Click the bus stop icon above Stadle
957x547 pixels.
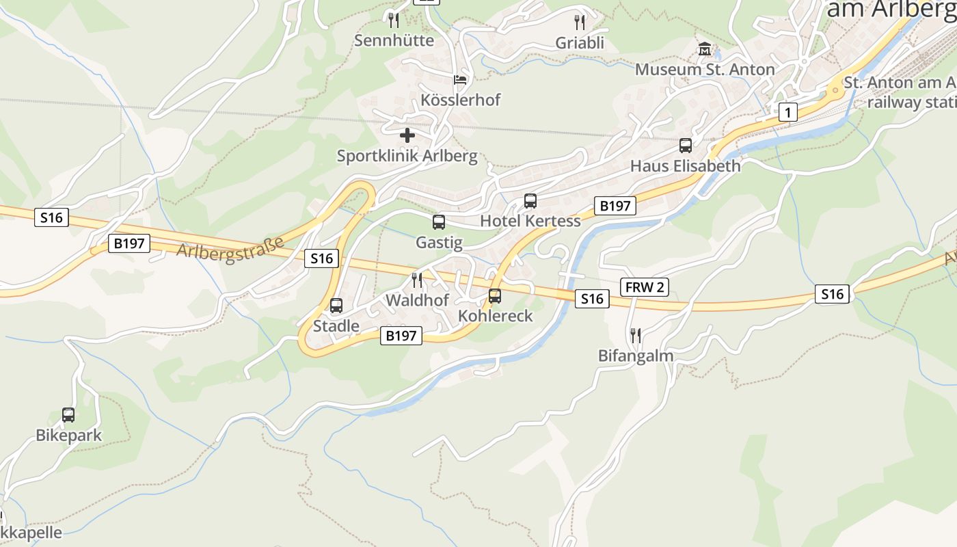(x=336, y=306)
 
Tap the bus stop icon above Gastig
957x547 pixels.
(x=439, y=222)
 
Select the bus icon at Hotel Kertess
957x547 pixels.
(x=530, y=201)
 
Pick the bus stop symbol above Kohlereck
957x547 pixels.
(x=495, y=296)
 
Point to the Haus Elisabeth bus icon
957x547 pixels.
(x=686, y=146)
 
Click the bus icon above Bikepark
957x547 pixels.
(x=68, y=415)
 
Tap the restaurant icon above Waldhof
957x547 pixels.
(x=417, y=280)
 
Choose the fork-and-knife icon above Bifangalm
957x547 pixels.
(x=636, y=335)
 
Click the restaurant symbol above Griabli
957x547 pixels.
(x=580, y=22)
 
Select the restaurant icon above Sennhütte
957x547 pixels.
(x=393, y=20)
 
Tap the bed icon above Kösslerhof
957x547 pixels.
(x=461, y=80)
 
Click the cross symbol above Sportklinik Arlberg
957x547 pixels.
(x=407, y=135)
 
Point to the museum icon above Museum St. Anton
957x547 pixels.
(x=705, y=49)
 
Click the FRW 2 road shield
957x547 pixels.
(x=645, y=287)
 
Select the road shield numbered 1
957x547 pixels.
(x=788, y=112)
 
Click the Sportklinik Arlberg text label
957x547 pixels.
(x=407, y=156)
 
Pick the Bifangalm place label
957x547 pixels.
(x=636, y=356)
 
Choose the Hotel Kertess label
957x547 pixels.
(x=530, y=221)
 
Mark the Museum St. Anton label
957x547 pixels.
(x=705, y=70)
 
